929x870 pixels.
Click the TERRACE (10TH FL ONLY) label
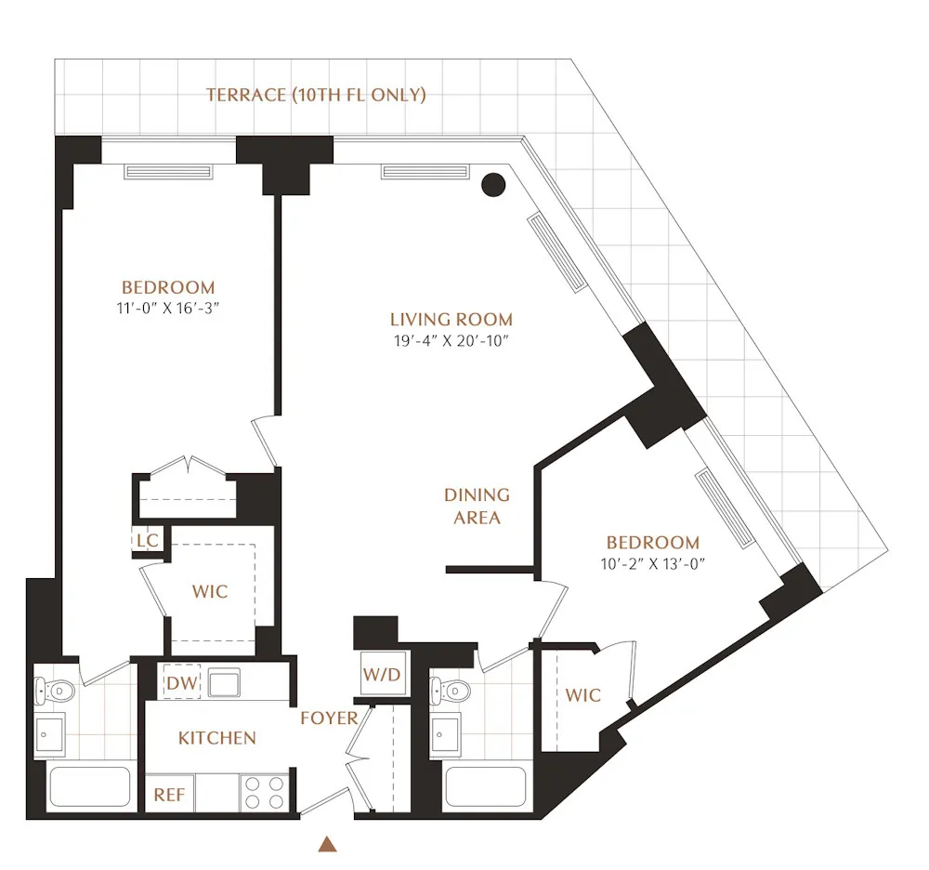(x=316, y=95)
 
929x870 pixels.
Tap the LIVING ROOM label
(x=451, y=320)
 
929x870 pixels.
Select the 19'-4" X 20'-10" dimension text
(x=451, y=341)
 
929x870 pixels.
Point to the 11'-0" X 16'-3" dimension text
(x=168, y=309)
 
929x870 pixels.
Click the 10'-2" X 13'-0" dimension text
(x=652, y=563)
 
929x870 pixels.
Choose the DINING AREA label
(x=477, y=507)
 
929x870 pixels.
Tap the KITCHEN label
(x=216, y=738)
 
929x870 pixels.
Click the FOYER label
(x=329, y=718)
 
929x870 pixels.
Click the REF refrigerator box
(x=169, y=796)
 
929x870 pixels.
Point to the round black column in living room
(x=493, y=185)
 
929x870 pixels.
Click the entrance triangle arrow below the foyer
(x=327, y=844)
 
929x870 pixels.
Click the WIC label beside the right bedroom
(x=582, y=695)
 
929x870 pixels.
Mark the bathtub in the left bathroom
(x=89, y=786)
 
